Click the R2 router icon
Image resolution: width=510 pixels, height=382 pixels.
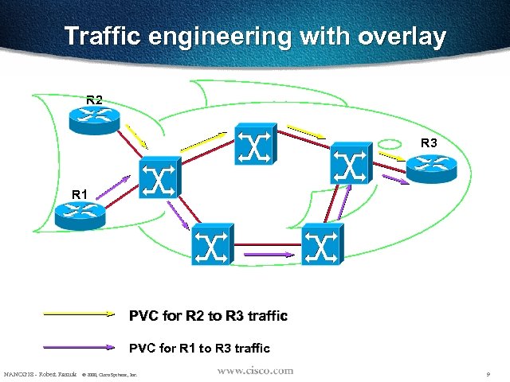coord(94,119)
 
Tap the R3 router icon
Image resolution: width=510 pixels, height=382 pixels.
coord(431,166)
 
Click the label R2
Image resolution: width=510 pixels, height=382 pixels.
coord(94,100)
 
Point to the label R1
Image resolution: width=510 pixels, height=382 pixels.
coord(80,193)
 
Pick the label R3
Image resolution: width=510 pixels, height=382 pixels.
coord(429,143)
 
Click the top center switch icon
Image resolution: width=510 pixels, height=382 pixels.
coord(256,145)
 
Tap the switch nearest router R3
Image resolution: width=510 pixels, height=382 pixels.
coord(351,163)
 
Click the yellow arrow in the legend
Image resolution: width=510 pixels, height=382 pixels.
coord(80,314)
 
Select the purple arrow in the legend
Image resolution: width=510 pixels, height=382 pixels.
coord(80,347)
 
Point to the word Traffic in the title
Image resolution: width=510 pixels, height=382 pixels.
coord(104,37)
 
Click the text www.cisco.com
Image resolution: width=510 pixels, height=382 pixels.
coord(254,371)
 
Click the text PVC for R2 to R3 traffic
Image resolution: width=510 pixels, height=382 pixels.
coord(208,316)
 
